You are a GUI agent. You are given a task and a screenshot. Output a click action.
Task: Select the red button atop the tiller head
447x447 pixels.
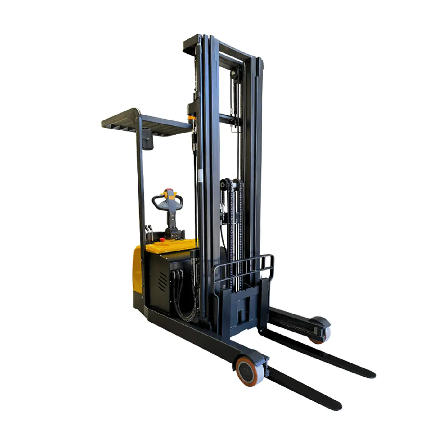(x=169, y=190)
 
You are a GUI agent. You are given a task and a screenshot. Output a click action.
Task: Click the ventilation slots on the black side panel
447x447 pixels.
(x=162, y=281)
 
